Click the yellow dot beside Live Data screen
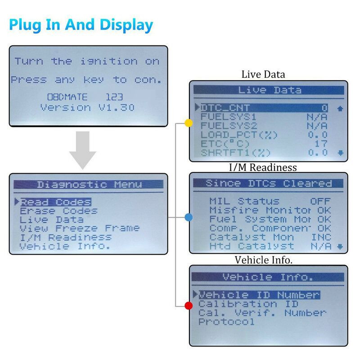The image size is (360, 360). pos(189,123)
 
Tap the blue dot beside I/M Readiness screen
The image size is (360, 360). pos(189,217)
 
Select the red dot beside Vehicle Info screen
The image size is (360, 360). pos(189,306)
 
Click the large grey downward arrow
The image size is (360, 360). pos(83,150)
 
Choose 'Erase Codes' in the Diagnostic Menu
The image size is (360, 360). pos(59,211)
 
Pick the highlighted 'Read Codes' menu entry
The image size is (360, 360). pos(56,202)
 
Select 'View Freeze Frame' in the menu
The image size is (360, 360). pos(80,228)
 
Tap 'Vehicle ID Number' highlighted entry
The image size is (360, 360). pos(260,295)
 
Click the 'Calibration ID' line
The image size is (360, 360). pos(248,304)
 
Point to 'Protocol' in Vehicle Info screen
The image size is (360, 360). pos(227,322)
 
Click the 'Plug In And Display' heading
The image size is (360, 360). pos(81,25)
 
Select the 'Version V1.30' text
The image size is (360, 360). pos(87,108)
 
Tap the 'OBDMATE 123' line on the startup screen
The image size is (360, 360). pos(85,97)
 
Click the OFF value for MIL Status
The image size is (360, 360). pos(320,201)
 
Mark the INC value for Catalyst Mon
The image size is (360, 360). pos(321,237)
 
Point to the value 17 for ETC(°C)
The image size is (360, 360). pos(321,144)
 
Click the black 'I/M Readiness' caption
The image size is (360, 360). pos(263,167)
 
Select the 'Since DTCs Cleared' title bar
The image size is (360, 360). pos(268,184)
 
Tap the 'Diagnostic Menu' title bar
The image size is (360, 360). pos(89,184)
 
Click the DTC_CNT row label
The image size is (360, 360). pos(225,108)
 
